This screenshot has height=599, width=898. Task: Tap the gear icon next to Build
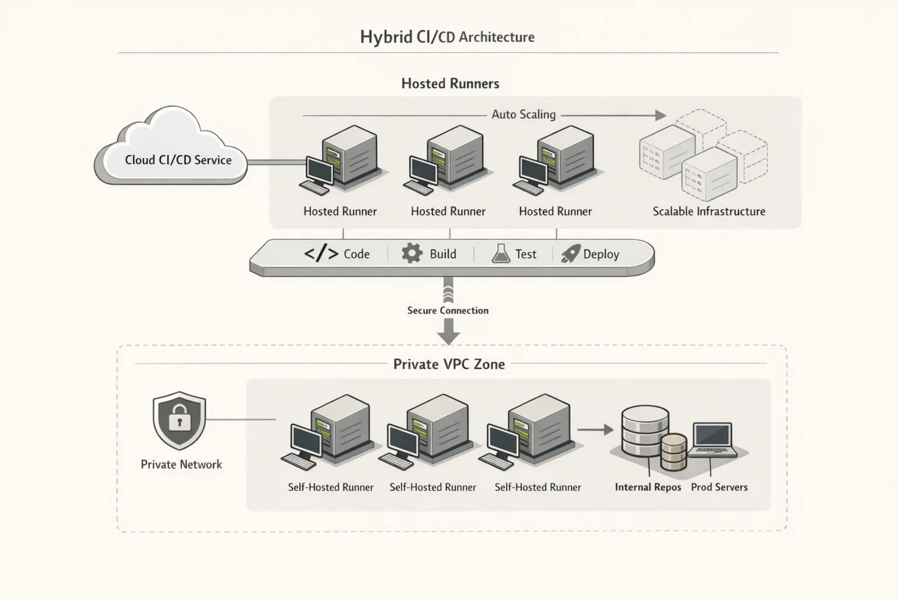coord(412,253)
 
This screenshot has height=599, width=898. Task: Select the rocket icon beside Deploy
coord(570,253)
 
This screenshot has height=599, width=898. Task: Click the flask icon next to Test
coord(501,253)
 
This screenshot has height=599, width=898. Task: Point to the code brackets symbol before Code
coord(321,253)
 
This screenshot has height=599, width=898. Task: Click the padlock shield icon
coord(179,420)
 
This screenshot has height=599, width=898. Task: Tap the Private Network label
coord(181,464)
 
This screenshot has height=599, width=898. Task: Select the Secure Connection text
coord(448,311)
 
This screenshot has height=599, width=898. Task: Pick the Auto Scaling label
coord(523,115)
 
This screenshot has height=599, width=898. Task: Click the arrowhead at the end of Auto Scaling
coord(660,115)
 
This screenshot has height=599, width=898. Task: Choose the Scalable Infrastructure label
coord(709,212)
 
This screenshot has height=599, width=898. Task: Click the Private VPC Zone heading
coord(448,364)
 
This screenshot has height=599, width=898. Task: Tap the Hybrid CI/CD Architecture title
coord(447,37)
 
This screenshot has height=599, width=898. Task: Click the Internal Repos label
coord(648,487)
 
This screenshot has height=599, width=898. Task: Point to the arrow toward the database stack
coord(595,430)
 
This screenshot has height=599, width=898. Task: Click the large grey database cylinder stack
coord(644,432)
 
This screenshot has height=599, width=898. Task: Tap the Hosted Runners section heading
coord(450,84)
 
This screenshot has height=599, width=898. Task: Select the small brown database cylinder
coord(673,452)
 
